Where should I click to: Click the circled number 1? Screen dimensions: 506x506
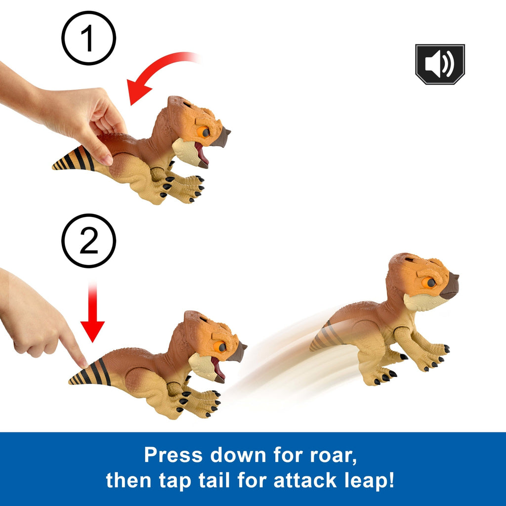88,38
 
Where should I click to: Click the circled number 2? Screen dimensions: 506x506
88,241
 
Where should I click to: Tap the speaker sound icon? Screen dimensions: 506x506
440,64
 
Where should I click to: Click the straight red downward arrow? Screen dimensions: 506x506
92,312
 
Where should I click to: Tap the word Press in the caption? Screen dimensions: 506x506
173,455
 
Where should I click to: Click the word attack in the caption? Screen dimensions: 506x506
305,480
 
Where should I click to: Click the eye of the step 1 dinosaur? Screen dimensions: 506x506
204,132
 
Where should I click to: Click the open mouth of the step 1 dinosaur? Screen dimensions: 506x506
202,155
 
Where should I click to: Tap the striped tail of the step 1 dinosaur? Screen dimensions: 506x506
74,159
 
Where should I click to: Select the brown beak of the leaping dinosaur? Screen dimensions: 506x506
451,286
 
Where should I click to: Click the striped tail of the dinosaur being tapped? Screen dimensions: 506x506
90,374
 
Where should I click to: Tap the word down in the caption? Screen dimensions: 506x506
238,455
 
